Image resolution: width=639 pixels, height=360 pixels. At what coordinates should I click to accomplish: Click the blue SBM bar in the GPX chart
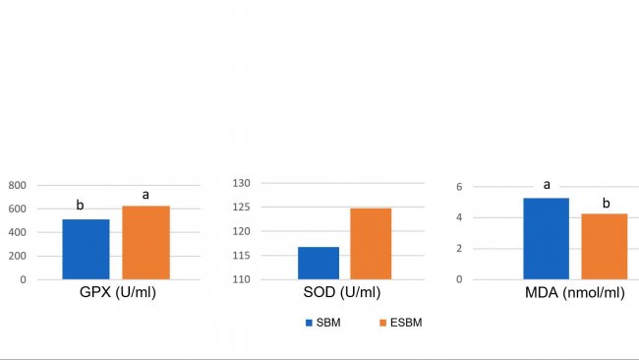86,249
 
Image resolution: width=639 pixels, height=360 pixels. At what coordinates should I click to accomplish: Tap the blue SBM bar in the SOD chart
319,263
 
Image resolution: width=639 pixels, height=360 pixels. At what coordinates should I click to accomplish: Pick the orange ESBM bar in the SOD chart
371,244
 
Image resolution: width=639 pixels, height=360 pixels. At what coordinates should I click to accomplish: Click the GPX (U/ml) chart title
118,293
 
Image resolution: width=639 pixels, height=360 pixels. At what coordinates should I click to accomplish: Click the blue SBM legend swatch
309,323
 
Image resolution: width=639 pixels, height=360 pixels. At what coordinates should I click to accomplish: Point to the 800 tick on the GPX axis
18,185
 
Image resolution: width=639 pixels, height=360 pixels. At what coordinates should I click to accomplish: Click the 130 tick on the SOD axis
242,183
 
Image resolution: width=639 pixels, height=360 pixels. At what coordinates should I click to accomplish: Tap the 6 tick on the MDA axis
459,187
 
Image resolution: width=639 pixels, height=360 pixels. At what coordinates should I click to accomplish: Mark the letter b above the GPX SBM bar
81,206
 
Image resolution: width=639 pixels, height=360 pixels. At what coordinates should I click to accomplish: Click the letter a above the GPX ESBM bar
145,194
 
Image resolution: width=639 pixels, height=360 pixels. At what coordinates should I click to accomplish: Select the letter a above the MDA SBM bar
544,184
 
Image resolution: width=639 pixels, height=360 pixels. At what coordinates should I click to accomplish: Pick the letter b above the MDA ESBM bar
606,203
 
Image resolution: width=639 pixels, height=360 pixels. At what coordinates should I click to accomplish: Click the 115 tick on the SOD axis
242,256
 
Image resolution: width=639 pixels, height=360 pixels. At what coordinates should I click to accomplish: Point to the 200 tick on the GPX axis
18,256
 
